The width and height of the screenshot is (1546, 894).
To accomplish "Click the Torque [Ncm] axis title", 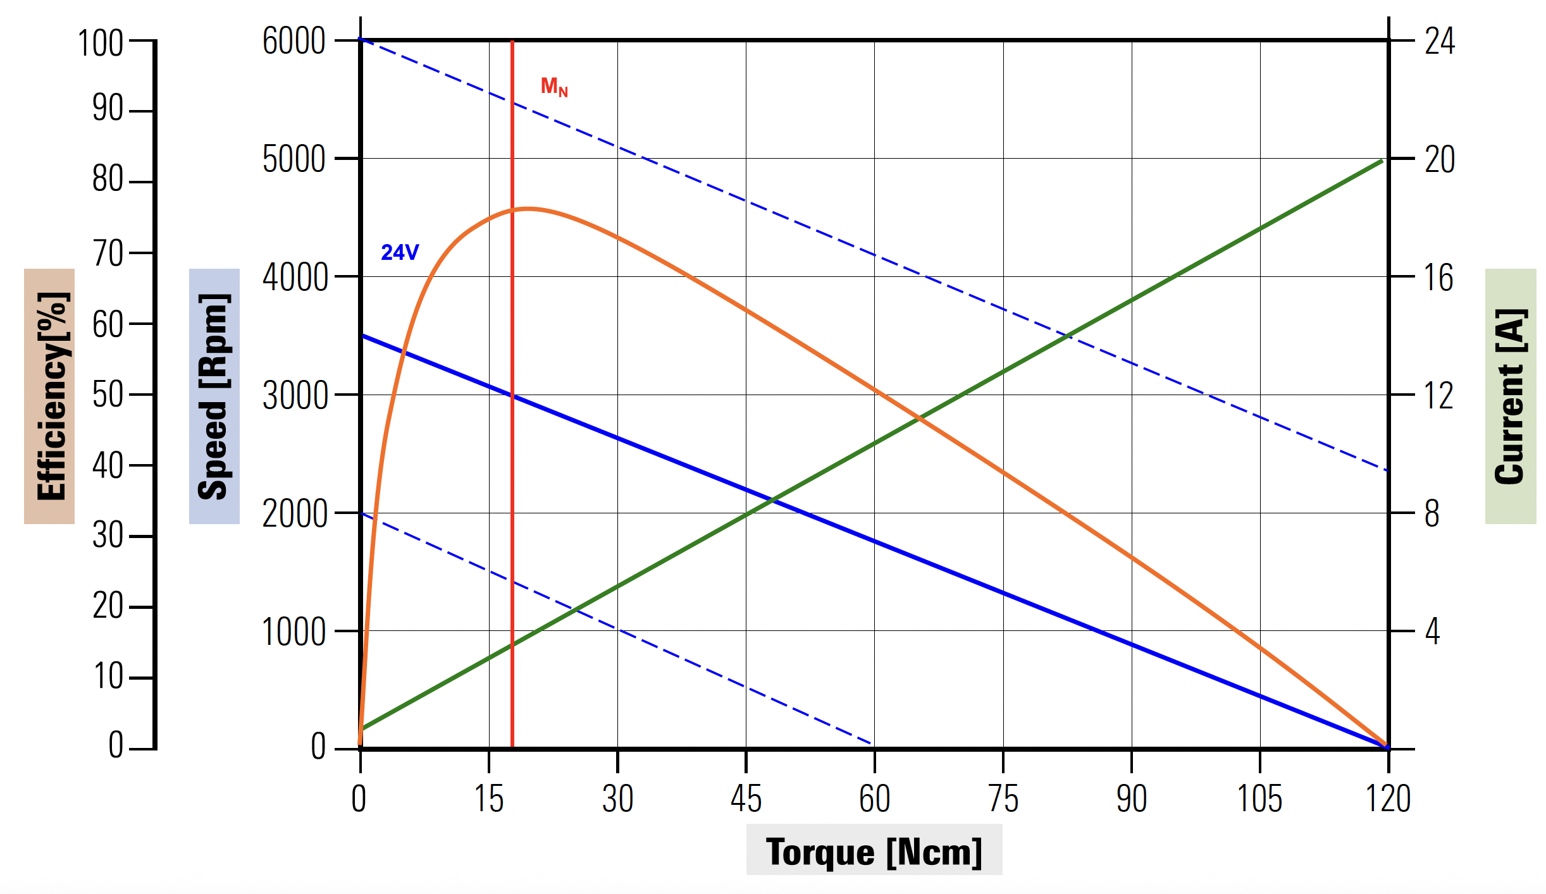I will coord(874,851).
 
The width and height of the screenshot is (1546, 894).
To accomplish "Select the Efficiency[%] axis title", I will coord(50,396).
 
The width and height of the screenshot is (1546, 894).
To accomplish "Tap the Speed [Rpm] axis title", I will coord(214,396).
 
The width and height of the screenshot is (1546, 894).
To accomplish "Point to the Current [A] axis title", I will coord(1510,396).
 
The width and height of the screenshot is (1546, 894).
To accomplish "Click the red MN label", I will coord(554,87).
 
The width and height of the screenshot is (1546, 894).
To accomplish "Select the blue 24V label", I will coord(400,252).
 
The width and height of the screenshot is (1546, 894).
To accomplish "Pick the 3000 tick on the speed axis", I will coord(295,396).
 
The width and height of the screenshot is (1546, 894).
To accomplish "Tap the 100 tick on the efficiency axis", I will coord(100,44).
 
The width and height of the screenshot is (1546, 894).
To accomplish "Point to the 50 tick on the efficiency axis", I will coord(108,395).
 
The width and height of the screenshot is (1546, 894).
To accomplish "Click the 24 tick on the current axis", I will coord(1439,41).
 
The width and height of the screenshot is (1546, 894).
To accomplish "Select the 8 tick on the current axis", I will coord(1432,513).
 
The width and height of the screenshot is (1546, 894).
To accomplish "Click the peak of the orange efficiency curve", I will coord(528,208).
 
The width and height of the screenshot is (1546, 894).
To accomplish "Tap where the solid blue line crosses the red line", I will coord(512,396).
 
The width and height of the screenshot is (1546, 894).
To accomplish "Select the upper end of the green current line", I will coord(1382,161).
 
